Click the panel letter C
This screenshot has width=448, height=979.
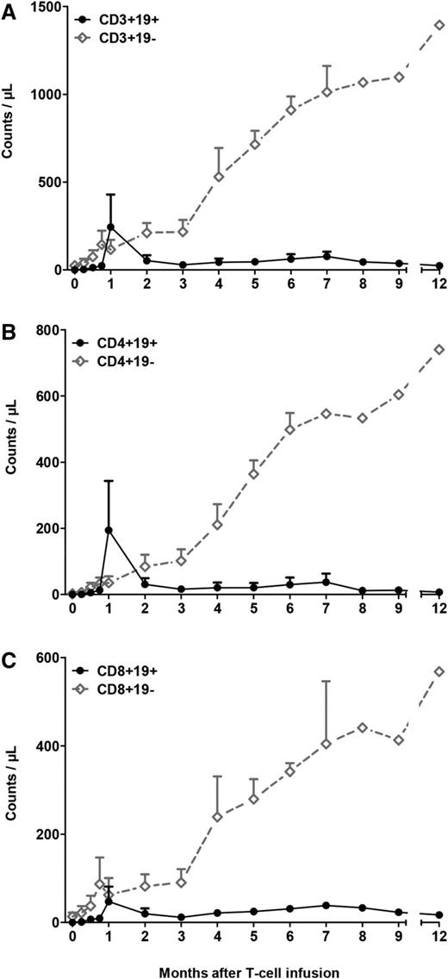click(8, 659)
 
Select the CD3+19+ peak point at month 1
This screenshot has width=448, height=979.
click(110, 228)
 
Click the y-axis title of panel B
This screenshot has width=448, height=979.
click(12, 463)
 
